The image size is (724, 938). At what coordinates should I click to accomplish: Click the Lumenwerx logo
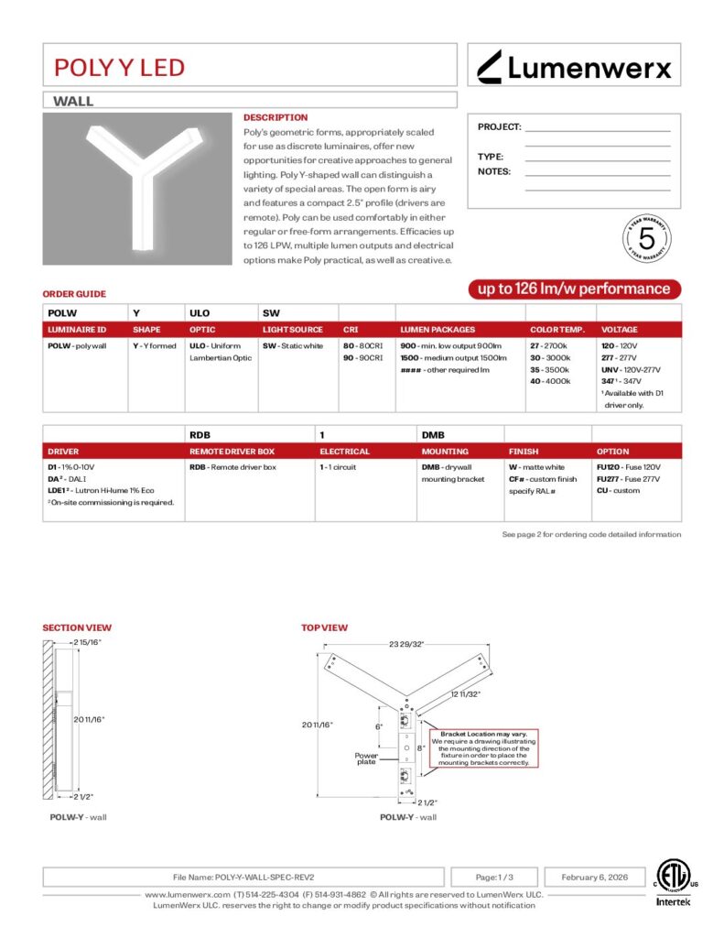click(575, 66)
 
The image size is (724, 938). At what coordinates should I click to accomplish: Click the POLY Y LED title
click(119, 67)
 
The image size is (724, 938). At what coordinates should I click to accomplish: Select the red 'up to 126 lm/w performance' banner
click(575, 289)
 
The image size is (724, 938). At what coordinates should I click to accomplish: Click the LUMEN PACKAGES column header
click(438, 330)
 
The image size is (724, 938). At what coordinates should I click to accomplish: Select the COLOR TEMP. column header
click(557, 330)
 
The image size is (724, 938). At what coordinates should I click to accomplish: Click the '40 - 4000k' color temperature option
click(550, 381)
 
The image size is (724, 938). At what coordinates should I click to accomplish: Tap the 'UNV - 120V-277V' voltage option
click(631, 369)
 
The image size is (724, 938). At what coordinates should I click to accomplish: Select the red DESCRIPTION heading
click(276, 117)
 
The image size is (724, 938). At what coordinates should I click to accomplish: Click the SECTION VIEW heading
click(77, 627)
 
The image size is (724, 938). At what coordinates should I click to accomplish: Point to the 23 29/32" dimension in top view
click(406, 645)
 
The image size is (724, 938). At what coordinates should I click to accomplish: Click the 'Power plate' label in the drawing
click(367, 759)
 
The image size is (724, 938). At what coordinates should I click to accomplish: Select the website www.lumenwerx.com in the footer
click(187, 894)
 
